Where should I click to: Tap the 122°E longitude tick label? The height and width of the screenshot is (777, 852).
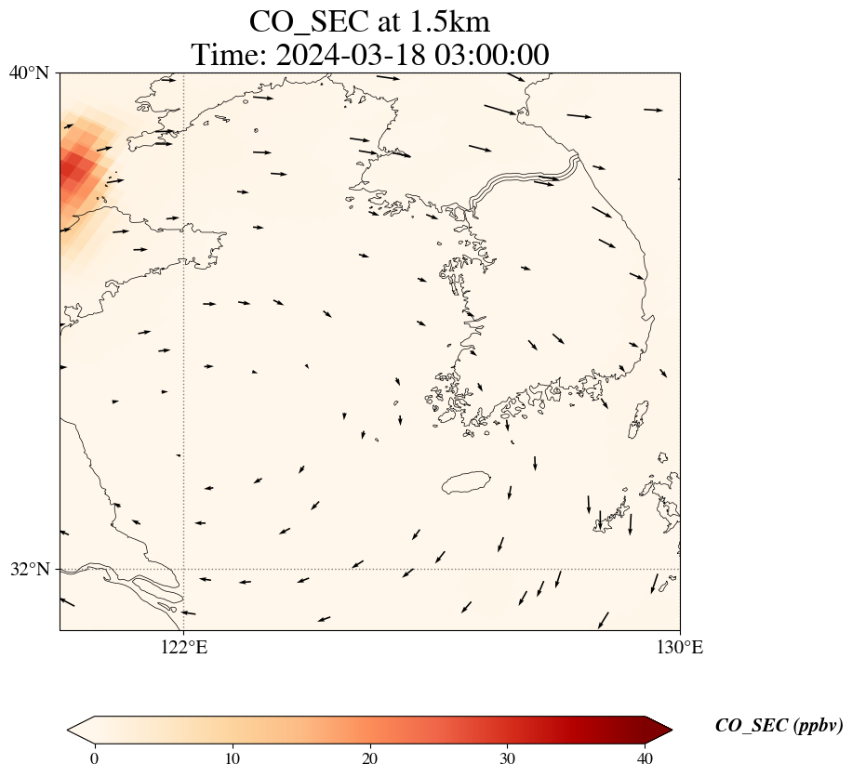(184, 647)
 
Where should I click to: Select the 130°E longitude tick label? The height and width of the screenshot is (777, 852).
(680, 647)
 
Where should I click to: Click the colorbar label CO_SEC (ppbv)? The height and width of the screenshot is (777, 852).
(779, 726)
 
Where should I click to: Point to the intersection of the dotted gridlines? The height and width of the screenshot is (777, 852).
(184, 569)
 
